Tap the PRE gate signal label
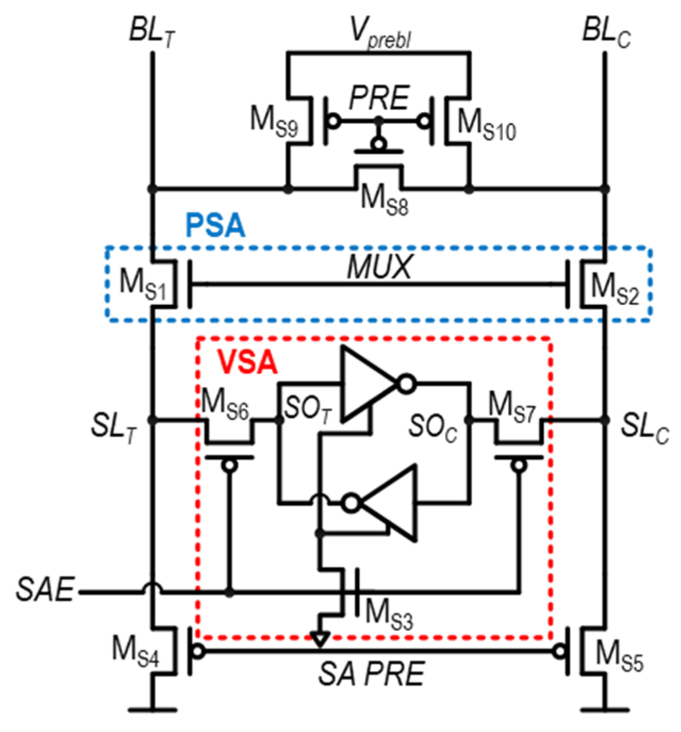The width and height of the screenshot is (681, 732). [379, 98]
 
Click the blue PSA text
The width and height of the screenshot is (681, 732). [215, 225]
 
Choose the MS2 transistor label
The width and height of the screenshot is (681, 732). [614, 289]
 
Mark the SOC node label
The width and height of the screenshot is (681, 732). [433, 427]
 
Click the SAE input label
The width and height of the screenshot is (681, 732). [45, 589]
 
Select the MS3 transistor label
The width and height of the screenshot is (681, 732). [388, 614]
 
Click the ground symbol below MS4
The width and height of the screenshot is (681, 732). [152, 708]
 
